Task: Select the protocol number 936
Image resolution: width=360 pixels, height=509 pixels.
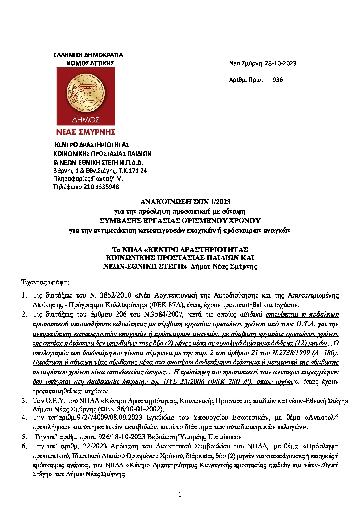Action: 278,80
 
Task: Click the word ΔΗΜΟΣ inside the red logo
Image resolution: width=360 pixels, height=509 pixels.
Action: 86,120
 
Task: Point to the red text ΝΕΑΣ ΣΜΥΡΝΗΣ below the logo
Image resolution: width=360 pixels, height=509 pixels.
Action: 86,132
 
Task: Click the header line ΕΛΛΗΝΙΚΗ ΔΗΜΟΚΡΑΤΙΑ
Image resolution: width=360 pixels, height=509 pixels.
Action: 88,55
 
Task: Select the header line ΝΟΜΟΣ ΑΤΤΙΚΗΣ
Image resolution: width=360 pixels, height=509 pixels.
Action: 90,63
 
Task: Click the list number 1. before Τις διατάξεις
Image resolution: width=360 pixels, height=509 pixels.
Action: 24,295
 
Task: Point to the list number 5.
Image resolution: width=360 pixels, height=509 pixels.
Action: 24,437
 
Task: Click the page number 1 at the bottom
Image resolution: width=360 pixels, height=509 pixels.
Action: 180,494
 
